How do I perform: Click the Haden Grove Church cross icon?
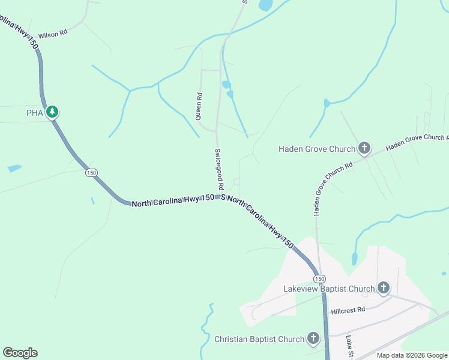(x=364, y=148)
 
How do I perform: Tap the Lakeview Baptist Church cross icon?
(x=384, y=289)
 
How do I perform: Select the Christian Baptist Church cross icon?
(x=313, y=339)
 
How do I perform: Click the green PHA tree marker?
(x=52, y=112)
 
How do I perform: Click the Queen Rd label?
(x=199, y=106)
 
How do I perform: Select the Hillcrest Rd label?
(x=348, y=310)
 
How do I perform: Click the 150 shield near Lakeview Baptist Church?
(x=319, y=279)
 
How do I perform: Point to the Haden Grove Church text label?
(x=317, y=149)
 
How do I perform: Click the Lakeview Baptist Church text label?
(x=329, y=289)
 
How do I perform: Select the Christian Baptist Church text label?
(x=259, y=340)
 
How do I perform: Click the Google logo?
(x=20, y=353)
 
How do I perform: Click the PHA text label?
(x=35, y=112)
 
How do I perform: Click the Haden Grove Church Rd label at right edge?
(x=417, y=142)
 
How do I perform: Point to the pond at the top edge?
(x=265, y=5)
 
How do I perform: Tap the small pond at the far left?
(x=14, y=168)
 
